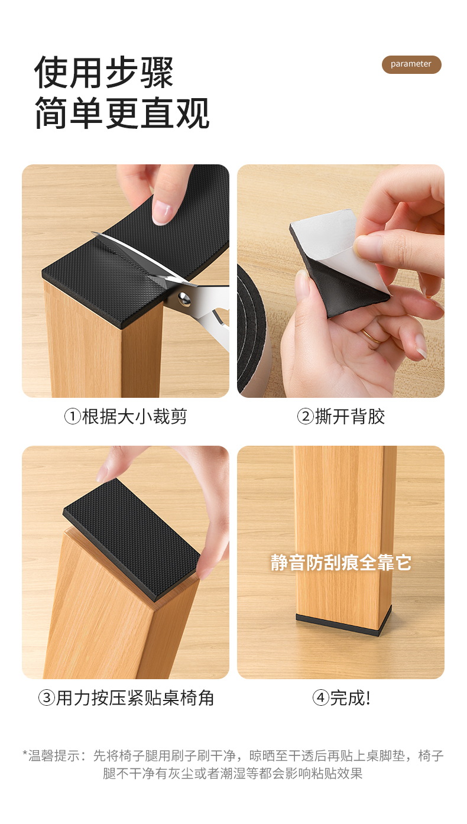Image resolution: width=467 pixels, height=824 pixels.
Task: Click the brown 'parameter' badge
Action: coord(411,64)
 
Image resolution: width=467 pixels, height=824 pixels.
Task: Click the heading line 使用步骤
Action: coord(103,73)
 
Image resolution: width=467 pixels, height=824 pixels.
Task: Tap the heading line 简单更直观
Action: coord(122,113)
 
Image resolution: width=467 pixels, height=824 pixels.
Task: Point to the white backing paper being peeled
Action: coord(331,243)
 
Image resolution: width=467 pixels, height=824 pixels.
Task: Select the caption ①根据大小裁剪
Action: coord(125,417)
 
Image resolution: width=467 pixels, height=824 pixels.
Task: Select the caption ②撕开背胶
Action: coord(340,417)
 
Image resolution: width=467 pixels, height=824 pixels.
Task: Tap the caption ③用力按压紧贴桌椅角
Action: coord(126,698)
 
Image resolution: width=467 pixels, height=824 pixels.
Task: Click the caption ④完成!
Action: coord(340,698)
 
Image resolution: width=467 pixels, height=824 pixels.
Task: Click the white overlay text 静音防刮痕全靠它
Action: coord(340,563)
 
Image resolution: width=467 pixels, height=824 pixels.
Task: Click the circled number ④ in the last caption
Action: coord(320,698)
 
